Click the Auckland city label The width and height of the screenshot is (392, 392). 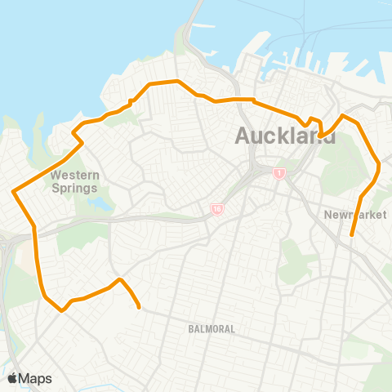[x=285, y=136]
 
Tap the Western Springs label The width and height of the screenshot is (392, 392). [x=73, y=180]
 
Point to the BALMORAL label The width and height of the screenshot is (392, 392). [x=211, y=329]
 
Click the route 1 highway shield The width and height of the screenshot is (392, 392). [x=279, y=174]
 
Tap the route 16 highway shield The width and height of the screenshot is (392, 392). [x=217, y=210]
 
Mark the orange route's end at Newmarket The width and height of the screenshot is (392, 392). [x=352, y=235]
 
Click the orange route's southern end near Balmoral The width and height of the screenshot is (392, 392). [x=140, y=308]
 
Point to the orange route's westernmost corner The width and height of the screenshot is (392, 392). [x=13, y=193]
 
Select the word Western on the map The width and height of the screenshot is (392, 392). [x=73, y=175]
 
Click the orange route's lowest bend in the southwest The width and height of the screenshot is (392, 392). [x=61, y=310]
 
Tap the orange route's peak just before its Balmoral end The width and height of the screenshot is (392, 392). [x=120, y=279]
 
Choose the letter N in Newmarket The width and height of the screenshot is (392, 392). [x=327, y=215]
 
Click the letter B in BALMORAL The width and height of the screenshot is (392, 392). [x=190, y=329]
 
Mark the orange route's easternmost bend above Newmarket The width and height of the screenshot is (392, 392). [x=380, y=168]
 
